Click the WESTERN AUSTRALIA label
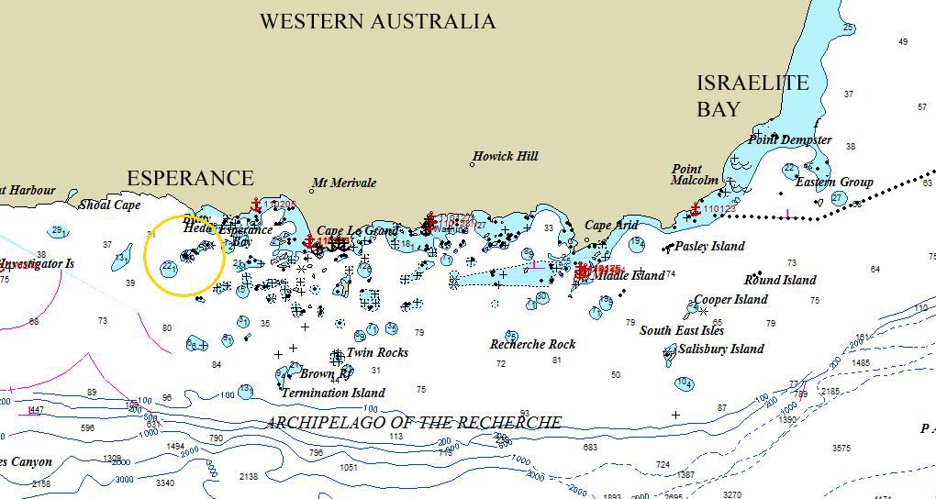point(377,22)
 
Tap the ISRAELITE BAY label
point(752,96)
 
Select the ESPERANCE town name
point(190,178)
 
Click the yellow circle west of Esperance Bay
point(184,256)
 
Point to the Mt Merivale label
point(344,183)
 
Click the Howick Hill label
point(506,157)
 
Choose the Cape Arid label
point(611,226)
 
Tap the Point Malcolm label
point(695,174)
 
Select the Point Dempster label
point(789,140)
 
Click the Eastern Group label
point(834,183)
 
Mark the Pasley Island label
point(709,247)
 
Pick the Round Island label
point(780,281)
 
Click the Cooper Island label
point(730,300)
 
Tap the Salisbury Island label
point(720,349)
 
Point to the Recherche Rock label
point(532,345)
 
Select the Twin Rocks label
point(377,353)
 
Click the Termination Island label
point(333,394)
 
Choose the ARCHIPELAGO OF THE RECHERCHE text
point(413,423)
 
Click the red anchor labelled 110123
point(695,209)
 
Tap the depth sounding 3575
point(841,449)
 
